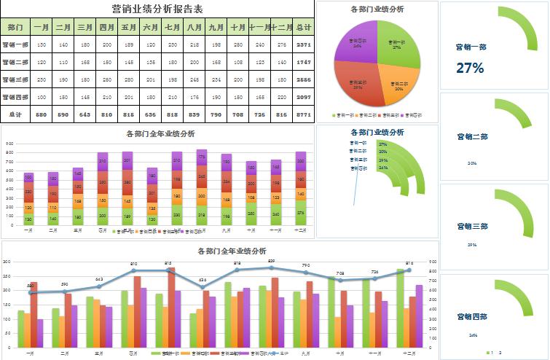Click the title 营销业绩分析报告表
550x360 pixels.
coord(158,9)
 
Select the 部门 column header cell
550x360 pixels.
coord(15,27)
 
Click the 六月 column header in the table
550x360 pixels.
coord(151,27)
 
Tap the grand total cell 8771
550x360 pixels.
coord(304,115)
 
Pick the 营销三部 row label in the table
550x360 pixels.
coord(15,79)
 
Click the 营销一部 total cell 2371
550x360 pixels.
coord(304,44)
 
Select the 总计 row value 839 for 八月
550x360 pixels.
coord(195,115)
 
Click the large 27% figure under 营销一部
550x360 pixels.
coord(470,69)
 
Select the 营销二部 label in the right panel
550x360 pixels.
coord(472,137)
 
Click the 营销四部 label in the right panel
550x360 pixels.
coord(472,317)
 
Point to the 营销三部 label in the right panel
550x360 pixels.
coord(472,227)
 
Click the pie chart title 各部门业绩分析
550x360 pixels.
coord(377,9)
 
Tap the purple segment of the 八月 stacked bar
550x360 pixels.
coord(202,158)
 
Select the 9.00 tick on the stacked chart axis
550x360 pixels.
coord(9,144)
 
